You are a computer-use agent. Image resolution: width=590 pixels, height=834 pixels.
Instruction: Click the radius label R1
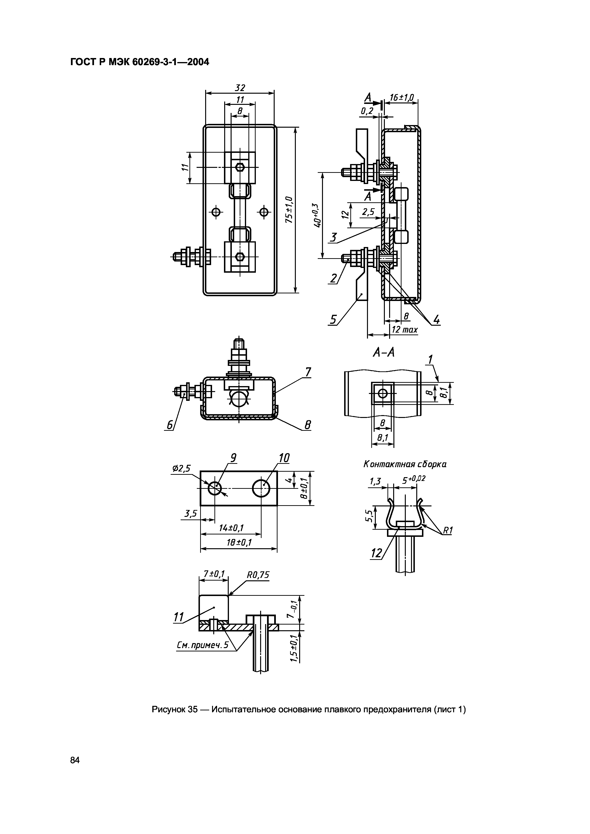tap(447, 531)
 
